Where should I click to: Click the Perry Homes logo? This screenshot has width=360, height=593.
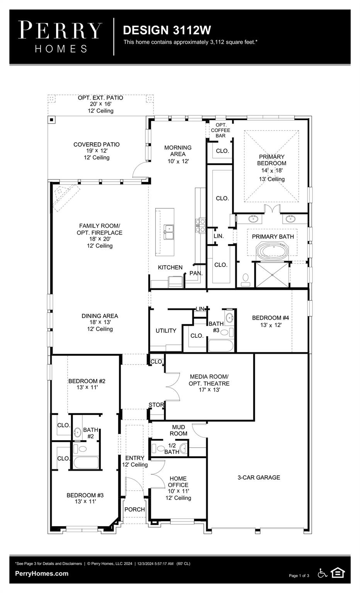[x=60, y=37]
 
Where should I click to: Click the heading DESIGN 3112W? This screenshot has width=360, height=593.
[x=167, y=30]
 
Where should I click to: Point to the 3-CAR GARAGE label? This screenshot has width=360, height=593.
[x=258, y=478]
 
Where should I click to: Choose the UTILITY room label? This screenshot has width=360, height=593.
[x=166, y=331]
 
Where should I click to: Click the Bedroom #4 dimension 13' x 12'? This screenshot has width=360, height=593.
[x=270, y=325]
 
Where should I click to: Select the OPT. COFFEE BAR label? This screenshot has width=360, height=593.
[x=221, y=130]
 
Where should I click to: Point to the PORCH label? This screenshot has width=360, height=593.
[x=134, y=510]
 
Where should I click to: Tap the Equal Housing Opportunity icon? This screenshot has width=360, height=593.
[x=338, y=573]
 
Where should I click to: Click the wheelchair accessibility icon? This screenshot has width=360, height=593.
[x=322, y=573]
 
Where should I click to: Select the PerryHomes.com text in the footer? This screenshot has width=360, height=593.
[x=42, y=574]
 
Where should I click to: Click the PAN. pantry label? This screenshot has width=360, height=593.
[x=196, y=273]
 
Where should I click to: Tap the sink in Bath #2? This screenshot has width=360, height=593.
[x=77, y=432]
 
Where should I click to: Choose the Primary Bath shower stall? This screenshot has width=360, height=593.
[x=272, y=274]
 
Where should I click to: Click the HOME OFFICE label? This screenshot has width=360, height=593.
[x=178, y=482]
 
